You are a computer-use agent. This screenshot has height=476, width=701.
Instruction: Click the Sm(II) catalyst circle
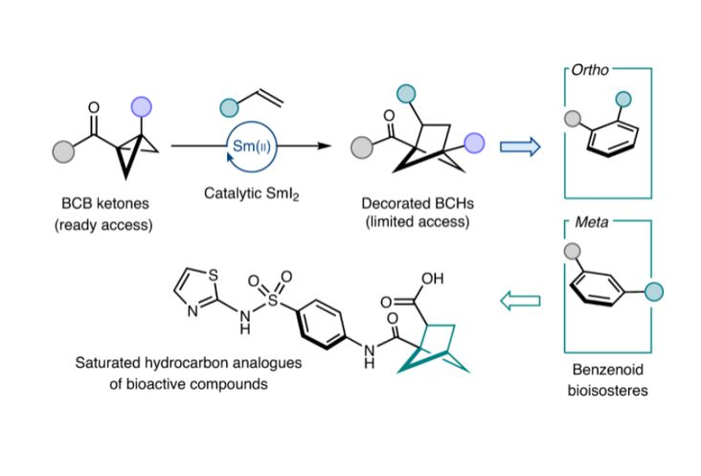point(253,147)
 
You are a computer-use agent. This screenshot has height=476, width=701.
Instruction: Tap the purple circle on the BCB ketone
point(143,108)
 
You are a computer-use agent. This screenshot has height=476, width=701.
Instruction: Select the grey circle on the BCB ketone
point(63,149)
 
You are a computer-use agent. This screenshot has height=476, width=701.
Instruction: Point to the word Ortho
point(586,71)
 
